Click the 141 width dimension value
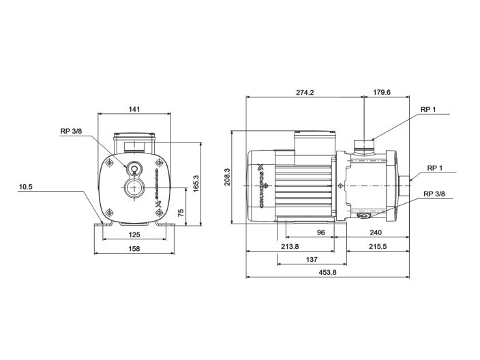pyautogui.click(x=134, y=109)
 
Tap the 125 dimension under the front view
pyautogui.click(x=134, y=235)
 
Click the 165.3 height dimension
pyautogui.click(x=195, y=183)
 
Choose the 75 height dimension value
pyautogui.click(x=181, y=212)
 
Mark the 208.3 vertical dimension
pyautogui.click(x=228, y=176)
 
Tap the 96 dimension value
pyautogui.click(x=320, y=232)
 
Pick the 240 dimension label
pyautogui.click(x=379, y=232)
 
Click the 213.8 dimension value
pyautogui.click(x=290, y=247)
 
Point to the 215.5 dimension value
pyautogui.click(x=379, y=247)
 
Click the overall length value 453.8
pyautogui.click(x=327, y=273)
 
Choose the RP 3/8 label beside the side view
pyautogui.click(x=434, y=194)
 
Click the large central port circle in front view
pyautogui.click(x=134, y=189)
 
